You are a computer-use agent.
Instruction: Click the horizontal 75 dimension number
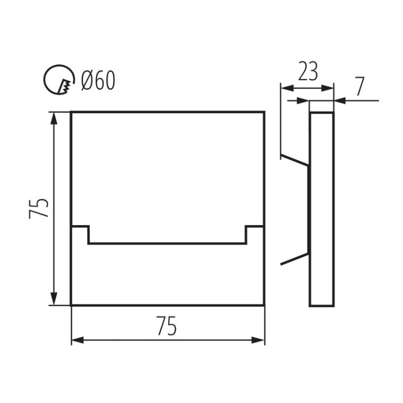tap(167, 326)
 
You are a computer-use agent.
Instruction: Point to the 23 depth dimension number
tap(307, 71)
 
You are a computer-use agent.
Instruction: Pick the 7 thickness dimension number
tap(360, 86)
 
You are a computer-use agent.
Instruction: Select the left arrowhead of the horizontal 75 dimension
tap(78, 340)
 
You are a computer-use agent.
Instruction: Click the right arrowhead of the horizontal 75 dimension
tap(258, 340)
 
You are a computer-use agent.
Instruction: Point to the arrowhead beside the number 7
tap(340, 99)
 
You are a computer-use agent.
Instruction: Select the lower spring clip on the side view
tap(294, 258)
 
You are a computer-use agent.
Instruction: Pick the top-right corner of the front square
tap(264, 112)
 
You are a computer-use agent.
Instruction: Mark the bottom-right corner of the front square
tap(264, 305)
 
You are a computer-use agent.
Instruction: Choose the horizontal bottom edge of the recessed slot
tap(167, 243)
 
